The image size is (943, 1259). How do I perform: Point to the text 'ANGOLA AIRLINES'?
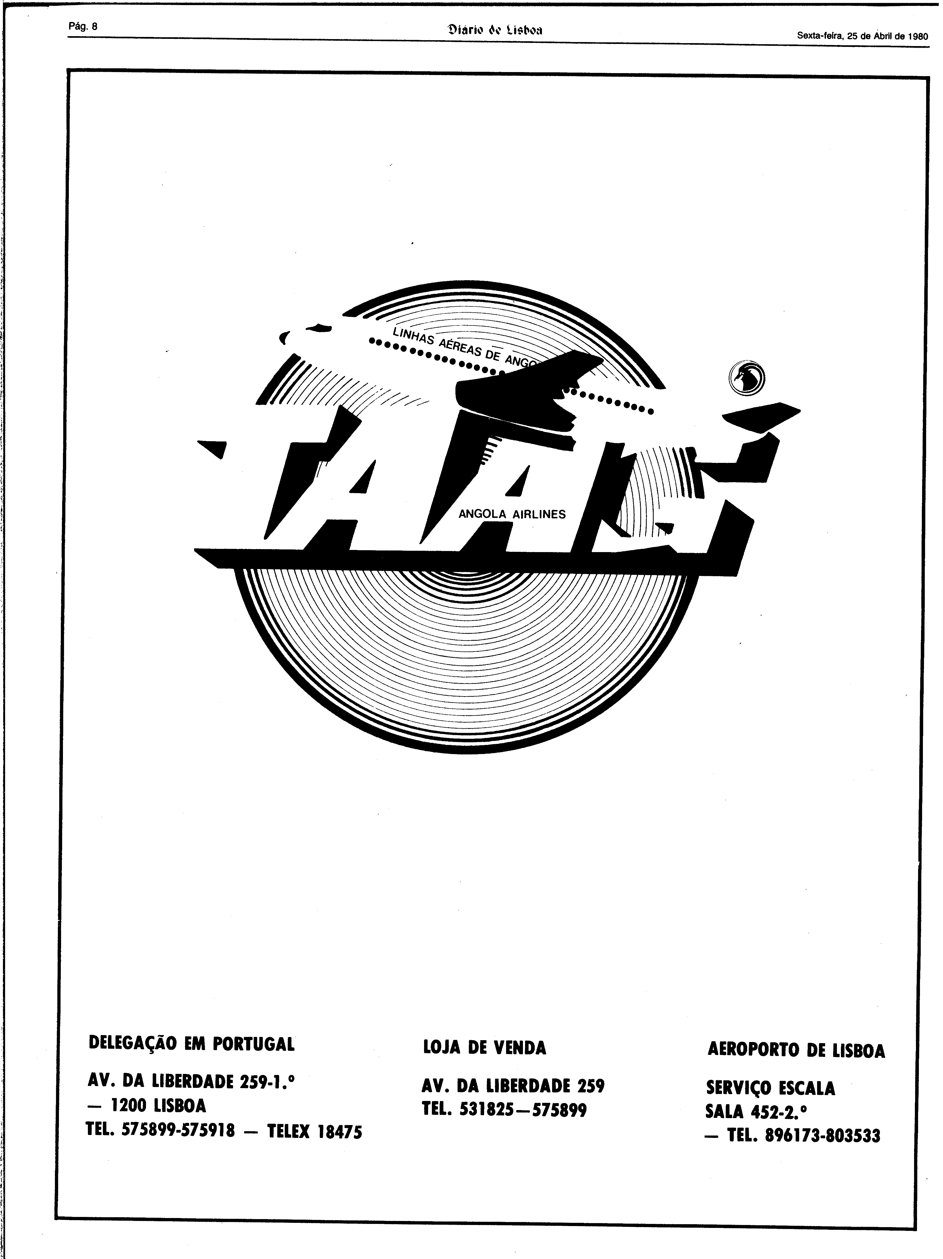512,514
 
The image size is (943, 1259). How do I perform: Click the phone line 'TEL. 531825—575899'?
504,1110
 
